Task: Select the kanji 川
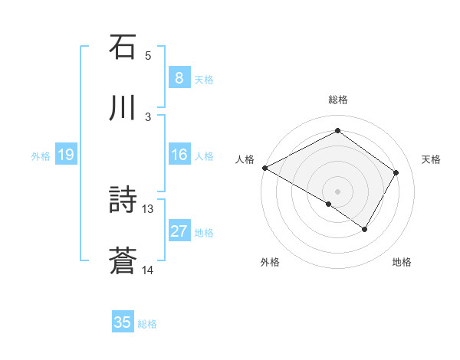(123, 109)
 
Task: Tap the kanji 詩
(123, 201)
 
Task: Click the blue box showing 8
(179, 78)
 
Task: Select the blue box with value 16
(179, 155)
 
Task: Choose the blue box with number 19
(66, 155)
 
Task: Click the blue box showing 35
(123, 322)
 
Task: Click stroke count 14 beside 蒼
(148, 270)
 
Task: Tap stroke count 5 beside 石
(148, 55)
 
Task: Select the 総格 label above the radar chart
(337, 100)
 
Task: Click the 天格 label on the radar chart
(431, 159)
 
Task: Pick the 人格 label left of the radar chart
(244, 159)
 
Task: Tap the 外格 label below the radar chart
(270, 262)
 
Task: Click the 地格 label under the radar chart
(402, 262)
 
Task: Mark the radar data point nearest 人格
(264, 168)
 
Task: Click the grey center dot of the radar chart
(337, 191)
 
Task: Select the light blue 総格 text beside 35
(147, 324)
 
